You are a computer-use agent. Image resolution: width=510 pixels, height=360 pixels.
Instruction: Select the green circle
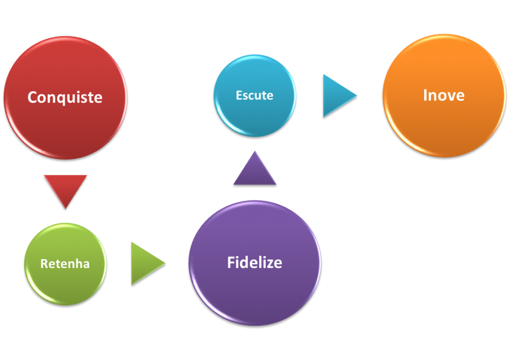click(x=65, y=284)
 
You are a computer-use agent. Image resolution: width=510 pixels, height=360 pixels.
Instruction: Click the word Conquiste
click(x=65, y=98)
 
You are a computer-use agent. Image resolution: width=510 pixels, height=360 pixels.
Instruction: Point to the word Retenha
click(x=65, y=264)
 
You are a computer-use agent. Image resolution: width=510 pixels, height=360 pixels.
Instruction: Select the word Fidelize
click(x=254, y=263)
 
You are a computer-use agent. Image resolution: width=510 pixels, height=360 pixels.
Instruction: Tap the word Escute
click(x=254, y=95)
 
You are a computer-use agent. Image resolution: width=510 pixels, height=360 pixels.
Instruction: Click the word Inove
click(x=444, y=95)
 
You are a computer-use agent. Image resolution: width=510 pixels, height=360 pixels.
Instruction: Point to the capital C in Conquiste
click(x=33, y=98)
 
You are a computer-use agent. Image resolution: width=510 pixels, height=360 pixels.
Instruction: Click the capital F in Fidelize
click(x=231, y=263)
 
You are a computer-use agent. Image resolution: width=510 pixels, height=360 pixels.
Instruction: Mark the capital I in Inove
click(x=426, y=95)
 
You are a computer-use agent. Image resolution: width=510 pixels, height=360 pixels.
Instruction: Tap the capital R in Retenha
click(x=44, y=264)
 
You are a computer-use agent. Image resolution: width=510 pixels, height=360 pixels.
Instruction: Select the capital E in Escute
click(x=239, y=95)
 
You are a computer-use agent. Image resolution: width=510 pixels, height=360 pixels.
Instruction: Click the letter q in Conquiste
click(x=61, y=99)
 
